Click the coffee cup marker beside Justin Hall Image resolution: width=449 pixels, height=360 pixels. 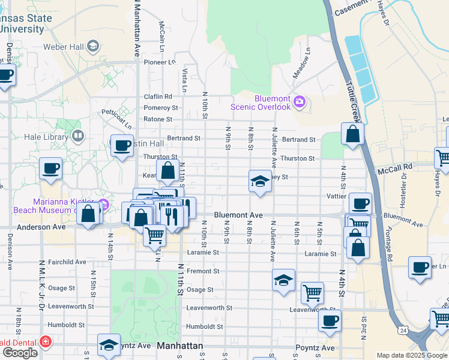coord(122,146)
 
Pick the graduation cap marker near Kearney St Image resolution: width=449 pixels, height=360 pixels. coord(259,181)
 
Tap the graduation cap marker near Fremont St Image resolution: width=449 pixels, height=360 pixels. coord(283,280)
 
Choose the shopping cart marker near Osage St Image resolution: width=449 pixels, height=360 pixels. coord(312,293)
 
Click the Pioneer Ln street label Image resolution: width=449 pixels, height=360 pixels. coord(158,61)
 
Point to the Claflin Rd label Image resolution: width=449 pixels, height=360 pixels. coord(157,97)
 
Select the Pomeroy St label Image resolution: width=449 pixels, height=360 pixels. coord(160,108)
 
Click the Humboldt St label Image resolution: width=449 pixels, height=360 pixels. coord(204,326)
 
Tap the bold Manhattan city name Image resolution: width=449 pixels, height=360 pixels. coord(180,346)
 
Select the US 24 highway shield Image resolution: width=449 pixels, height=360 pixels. coord(402,331)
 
